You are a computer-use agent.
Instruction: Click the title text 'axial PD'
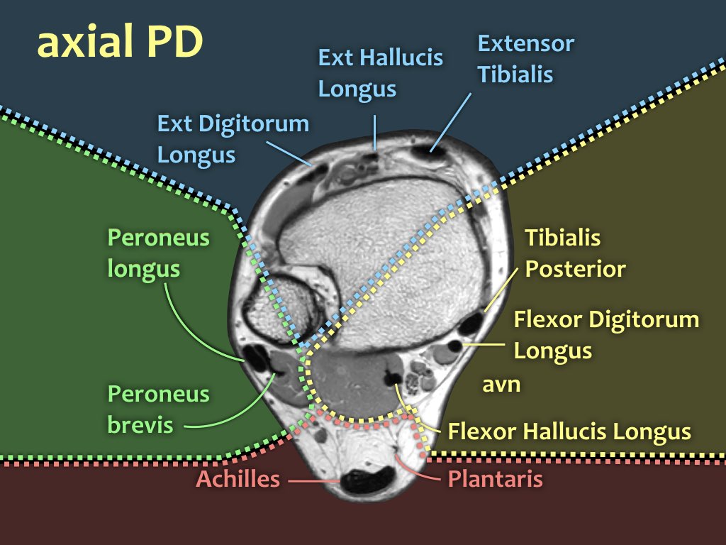pyautogui.click(x=120, y=42)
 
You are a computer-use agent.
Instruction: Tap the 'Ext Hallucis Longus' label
pyautogui.click(x=380, y=73)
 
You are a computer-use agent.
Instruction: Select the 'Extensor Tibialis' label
pyautogui.click(x=525, y=58)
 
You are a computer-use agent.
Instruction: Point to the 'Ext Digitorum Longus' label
pyautogui.click(x=233, y=138)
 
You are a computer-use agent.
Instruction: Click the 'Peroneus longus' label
pyautogui.click(x=158, y=253)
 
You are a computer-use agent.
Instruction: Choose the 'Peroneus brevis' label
pyautogui.click(x=158, y=409)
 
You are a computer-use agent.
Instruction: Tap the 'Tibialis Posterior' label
pyautogui.click(x=575, y=253)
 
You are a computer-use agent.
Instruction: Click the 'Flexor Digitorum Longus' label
pyautogui.click(x=606, y=335)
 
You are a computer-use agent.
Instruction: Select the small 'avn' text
pyautogui.click(x=501, y=385)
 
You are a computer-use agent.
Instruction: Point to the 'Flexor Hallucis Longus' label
pyautogui.click(x=569, y=431)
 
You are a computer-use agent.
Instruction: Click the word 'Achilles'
pyautogui.click(x=238, y=479)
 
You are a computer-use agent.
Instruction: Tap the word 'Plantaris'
pyautogui.click(x=495, y=479)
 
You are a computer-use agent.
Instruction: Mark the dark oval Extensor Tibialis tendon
pyautogui.click(x=428, y=151)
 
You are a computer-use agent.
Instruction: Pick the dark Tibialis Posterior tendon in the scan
pyautogui.click(x=471, y=324)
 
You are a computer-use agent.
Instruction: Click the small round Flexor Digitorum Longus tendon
pyautogui.click(x=454, y=346)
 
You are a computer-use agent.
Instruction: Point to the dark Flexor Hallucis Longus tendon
pyautogui.click(x=393, y=377)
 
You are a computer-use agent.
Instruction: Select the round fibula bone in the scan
pyautogui.click(x=281, y=308)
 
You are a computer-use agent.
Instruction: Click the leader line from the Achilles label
pyautogui.click(x=314, y=481)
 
